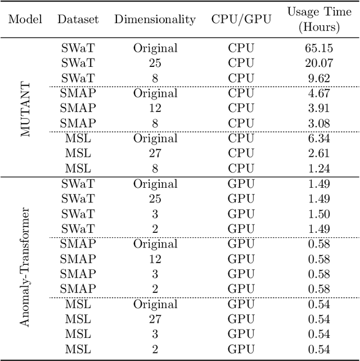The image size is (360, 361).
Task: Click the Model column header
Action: coord(25,19)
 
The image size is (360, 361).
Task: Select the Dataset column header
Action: coord(78,19)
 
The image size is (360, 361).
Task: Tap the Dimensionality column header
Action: coord(155,19)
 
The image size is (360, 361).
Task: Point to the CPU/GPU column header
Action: coord(241,19)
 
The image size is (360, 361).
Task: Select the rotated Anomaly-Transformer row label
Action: coord(25,267)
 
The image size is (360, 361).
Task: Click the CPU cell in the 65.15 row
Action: coord(241,48)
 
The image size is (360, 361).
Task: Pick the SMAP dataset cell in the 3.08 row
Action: coord(78,123)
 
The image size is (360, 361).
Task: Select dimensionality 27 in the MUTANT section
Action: coord(155,154)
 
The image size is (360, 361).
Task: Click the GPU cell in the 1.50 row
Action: coord(241,214)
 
